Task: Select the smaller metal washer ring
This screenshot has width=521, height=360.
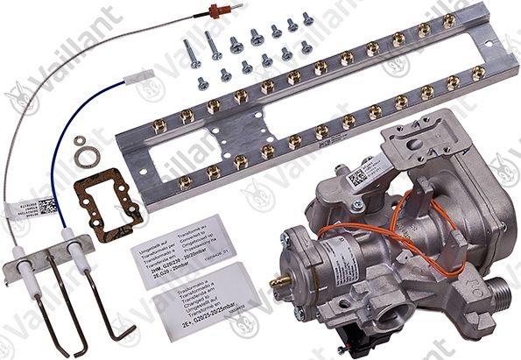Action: coord(80,139)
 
